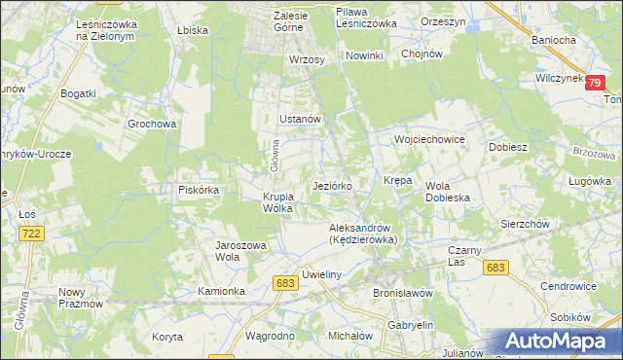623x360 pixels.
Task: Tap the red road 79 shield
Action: pyautogui.click(x=595, y=84)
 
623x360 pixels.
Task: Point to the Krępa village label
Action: pyautogui.click(x=398, y=181)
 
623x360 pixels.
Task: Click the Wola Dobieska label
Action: pyautogui.click(x=448, y=192)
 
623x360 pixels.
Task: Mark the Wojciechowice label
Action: pyautogui.click(x=429, y=139)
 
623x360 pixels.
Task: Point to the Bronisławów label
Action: pyautogui.click(x=402, y=292)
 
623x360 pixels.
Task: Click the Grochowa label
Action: pyautogui.click(x=152, y=125)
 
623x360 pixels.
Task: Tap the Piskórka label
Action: pyautogui.click(x=198, y=190)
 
